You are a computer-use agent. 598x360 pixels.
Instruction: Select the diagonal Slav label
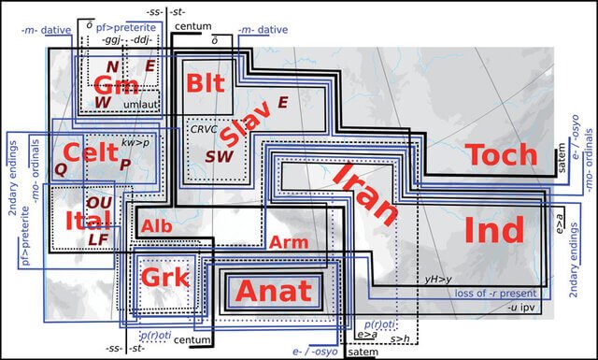pos(252,125)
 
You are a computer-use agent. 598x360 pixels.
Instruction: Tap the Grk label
pos(164,278)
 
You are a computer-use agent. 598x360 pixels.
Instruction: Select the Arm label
pos(288,242)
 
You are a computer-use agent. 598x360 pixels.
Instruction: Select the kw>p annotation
pos(134,143)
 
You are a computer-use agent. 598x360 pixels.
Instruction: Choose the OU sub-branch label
pos(98,202)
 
